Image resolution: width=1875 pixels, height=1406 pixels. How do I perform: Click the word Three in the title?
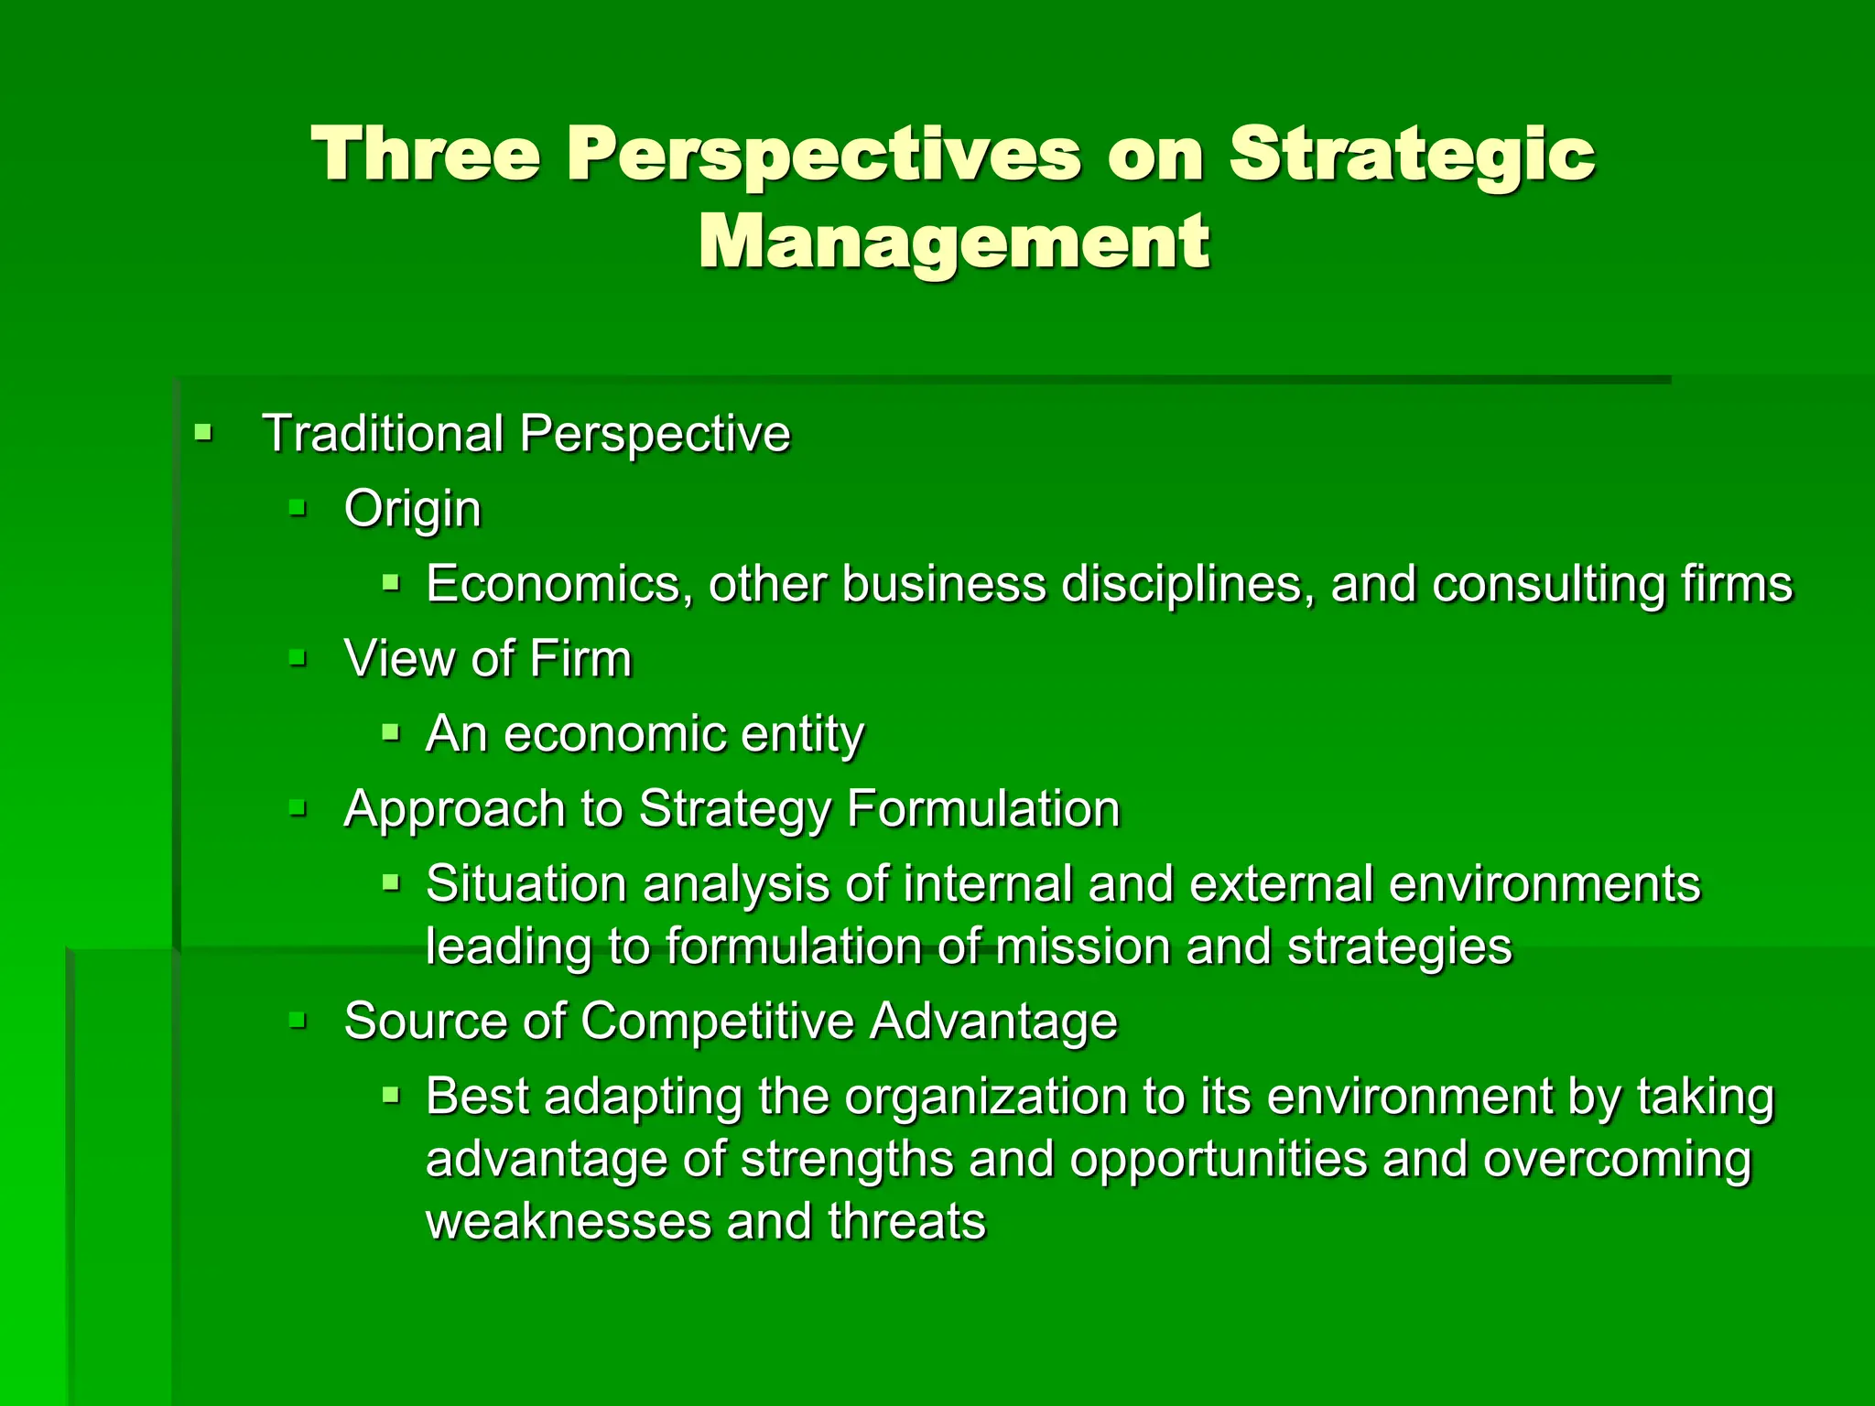tap(426, 154)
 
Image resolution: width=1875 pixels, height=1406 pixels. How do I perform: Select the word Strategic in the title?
tap(1412, 154)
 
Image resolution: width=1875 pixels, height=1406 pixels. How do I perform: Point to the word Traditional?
tap(383, 433)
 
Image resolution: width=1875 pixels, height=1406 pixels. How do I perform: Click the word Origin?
tap(412, 509)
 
